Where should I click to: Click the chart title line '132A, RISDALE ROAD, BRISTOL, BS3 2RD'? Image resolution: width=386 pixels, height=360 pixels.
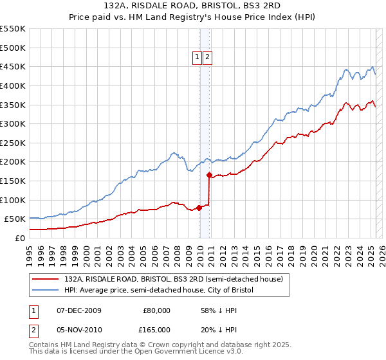[192, 6]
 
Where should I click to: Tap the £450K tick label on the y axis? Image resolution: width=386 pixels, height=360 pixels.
[13, 67]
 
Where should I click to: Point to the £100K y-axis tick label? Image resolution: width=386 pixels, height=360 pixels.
[13, 200]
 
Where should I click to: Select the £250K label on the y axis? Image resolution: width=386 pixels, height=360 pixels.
[13, 143]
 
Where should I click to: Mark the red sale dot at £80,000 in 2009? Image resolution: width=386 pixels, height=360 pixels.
[199, 207]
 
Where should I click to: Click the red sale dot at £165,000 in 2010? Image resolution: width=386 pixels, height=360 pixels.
[209, 175]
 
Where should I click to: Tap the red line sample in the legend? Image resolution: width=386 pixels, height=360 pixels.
[46, 279]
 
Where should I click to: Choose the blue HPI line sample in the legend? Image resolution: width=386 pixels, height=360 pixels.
[46, 291]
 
